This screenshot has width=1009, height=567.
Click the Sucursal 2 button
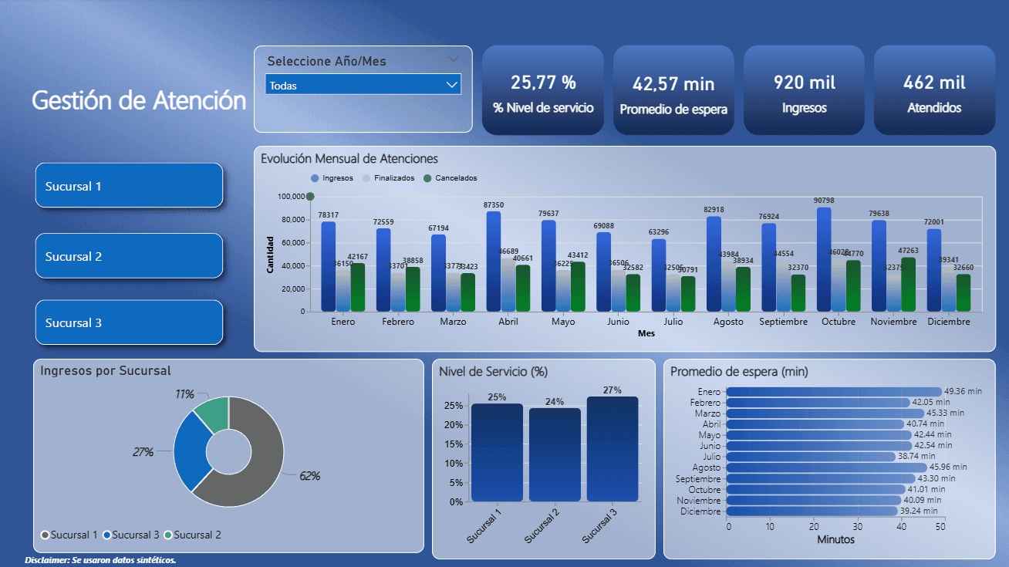click(129, 256)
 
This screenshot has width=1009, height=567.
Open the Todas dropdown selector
click(363, 85)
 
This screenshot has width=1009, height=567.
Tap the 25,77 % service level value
click(543, 83)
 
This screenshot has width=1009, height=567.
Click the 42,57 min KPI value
click(673, 83)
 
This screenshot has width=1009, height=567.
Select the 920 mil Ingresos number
click(804, 83)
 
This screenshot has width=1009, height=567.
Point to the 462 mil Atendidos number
click(934, 83)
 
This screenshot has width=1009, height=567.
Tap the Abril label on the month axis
click(508, 322)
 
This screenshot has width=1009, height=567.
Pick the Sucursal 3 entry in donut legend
click(131, 535)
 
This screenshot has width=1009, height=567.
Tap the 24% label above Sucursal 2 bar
click(555, 402)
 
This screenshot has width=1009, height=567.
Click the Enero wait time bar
click(833, 392)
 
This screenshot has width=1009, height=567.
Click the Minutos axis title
click(835, 540)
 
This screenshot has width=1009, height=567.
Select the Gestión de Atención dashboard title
click(139, 100)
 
